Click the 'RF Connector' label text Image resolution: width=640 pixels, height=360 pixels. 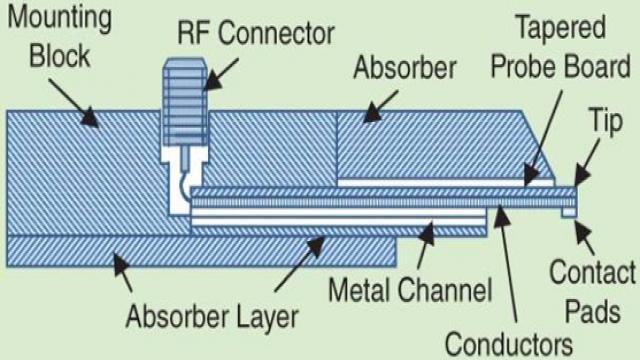click(256, 33)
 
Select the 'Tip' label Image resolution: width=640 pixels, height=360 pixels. click(606, 121)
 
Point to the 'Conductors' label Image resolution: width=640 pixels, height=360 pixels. click(509, 344)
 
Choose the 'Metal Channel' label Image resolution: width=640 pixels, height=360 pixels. click(410, 290)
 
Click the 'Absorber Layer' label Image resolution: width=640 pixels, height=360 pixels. click(212, 318)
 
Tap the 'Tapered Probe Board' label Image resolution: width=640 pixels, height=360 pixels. click(560, 47)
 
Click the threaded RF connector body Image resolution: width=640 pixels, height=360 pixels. click(185, 102)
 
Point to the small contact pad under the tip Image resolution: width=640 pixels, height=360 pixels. click(569, 213)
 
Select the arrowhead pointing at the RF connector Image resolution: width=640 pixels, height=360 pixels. click(212, 81)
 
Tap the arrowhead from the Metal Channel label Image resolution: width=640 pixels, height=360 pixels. click(427, 232)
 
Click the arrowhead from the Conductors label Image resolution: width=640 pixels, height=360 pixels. click(502, 216)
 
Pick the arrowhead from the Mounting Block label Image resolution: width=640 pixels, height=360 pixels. click(89, 117)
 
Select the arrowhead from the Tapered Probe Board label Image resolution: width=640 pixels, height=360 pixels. click(532, 176)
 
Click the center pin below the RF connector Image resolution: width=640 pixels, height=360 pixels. click(185, 158)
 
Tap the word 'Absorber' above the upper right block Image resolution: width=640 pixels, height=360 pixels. click(404, 67)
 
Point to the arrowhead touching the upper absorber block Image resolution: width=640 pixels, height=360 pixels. click(371, 112)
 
